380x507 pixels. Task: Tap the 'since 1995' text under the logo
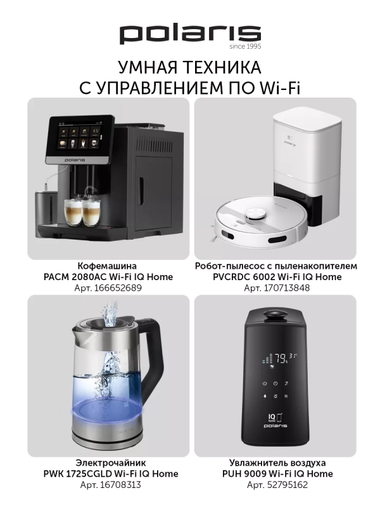246,47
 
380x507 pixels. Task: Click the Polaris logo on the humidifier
274,426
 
